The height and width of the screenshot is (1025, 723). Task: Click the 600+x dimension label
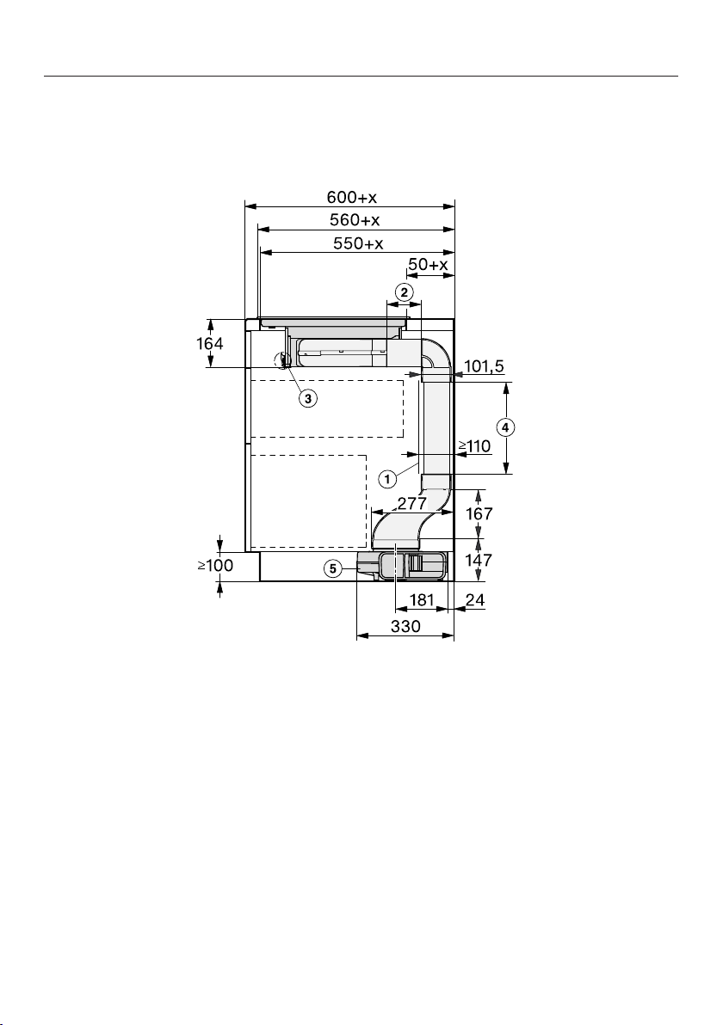pos(352,197)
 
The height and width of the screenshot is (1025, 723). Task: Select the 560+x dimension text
pos(355,219)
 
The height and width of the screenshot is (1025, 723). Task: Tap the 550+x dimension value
pos(358,244)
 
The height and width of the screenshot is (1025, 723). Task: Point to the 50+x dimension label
pos(428,265)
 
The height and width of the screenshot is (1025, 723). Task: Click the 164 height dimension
pos(210,343)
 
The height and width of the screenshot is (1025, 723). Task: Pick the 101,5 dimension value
pos(485,366)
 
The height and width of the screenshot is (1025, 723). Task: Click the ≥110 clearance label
pos(474,446)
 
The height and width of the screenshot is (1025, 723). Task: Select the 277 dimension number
pos(412,503)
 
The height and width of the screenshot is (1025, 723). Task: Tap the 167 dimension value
pos(479,514)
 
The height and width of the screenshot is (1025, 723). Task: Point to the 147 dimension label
pos(479,560)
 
